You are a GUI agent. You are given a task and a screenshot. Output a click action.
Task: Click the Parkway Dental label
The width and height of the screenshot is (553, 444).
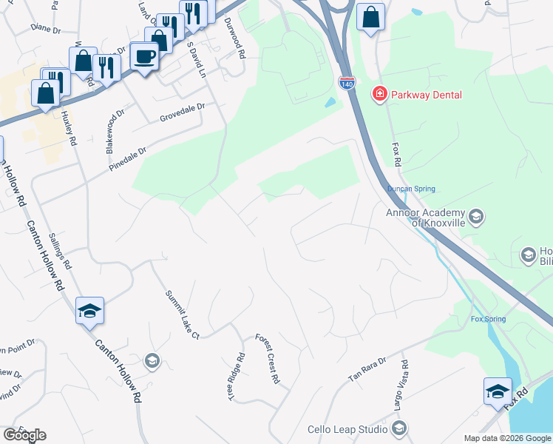(427, 95)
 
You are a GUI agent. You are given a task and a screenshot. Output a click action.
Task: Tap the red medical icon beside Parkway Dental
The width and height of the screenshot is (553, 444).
(380, 94)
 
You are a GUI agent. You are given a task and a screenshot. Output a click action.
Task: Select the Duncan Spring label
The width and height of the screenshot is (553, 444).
(412, 189)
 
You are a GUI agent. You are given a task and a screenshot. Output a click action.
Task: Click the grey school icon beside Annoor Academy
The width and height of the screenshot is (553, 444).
(476, 217)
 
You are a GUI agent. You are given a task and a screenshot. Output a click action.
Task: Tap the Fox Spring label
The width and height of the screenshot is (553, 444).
(488, 320)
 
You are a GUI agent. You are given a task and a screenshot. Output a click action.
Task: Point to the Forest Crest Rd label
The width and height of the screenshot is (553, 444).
(268, 358)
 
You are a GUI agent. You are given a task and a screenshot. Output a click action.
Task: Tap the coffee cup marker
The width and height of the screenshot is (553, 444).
(144, 55)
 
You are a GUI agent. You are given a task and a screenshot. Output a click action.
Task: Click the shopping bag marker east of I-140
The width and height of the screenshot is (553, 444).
(370, 16)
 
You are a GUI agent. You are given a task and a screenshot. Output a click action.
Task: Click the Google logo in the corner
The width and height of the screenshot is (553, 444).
(24, 435)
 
